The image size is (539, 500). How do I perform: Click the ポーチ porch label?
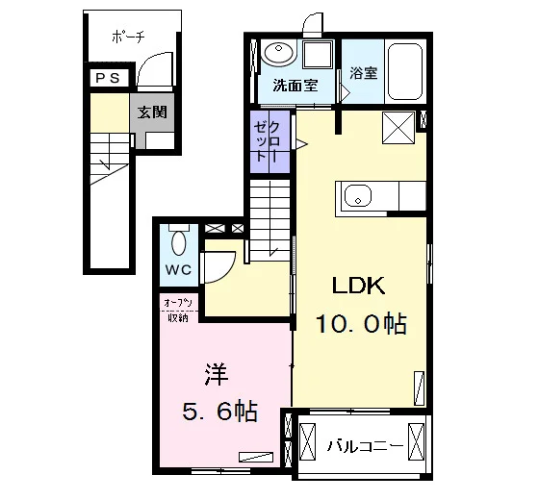(128, 37)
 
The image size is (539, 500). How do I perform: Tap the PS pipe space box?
(110, 78)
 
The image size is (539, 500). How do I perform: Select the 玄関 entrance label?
(152, 112)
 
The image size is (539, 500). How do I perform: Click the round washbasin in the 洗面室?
(278, 53)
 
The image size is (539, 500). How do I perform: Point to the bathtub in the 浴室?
(405, 71)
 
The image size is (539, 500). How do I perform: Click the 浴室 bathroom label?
(364, 72)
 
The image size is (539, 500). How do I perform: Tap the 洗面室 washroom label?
(295, 86)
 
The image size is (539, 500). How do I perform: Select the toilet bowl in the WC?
(179, 242)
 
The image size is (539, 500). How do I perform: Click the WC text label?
(178, 270)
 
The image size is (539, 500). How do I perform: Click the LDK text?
(358, 286)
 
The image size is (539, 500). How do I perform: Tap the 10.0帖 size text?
(361, 323)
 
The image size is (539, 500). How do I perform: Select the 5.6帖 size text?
(220, 412)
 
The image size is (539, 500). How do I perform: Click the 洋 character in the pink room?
(217, 374)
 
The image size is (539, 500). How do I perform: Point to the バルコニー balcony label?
(365, 446)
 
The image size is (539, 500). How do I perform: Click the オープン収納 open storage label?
(178, 311)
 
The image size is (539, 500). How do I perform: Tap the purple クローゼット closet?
(269, 141)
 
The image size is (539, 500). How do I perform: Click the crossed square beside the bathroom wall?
(398, 128)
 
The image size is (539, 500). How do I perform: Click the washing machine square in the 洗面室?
(318, 54)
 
